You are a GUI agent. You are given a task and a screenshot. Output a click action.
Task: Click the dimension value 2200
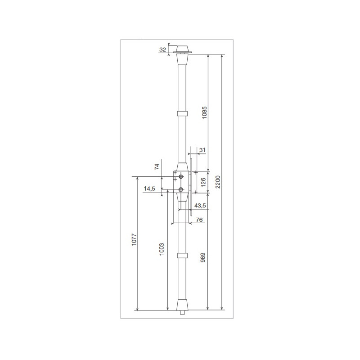point(218,182)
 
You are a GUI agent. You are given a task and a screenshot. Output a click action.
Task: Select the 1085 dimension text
point(204,112)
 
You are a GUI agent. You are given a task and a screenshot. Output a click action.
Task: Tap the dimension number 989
point(203,257)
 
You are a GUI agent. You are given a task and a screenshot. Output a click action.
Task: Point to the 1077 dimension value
point(134,240)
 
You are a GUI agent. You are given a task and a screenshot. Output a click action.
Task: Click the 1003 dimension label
point(162,249)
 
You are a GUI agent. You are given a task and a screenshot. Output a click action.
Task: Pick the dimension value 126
point(203,183)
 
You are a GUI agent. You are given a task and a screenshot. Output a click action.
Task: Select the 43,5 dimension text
point(200,206)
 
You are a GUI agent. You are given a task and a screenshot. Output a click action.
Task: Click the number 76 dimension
point(199,220)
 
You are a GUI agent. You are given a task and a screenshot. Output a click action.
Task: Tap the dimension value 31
point(202,150)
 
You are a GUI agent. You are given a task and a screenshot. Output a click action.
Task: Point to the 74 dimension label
point(157,166)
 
